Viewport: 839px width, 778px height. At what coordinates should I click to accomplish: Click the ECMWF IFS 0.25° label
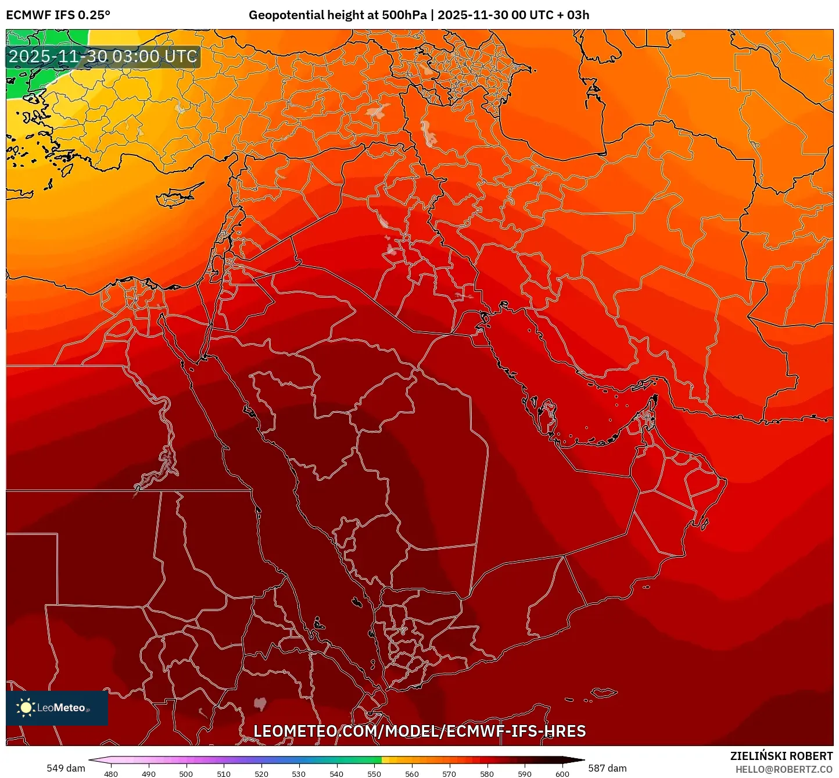(x=58, y=15)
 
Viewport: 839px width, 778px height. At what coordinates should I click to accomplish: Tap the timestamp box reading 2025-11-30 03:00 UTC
(x=103, y=57)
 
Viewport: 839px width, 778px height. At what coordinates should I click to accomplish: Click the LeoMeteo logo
(x=57, y=708)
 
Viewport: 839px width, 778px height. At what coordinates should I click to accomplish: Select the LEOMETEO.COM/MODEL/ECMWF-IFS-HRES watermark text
(x=419, y=731)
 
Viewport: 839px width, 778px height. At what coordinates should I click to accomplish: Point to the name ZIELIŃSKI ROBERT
(x=781, y=756)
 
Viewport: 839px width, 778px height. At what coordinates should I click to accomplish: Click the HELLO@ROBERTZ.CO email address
(x=784, y=769)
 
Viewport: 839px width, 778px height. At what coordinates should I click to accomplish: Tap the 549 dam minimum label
(x=66, y=768)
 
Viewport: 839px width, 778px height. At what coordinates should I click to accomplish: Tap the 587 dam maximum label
(x=607, y=768)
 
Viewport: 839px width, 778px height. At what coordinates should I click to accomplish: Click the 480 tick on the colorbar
(x=110, y=774)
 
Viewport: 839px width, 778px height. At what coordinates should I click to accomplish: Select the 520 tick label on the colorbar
(x=261, y=774)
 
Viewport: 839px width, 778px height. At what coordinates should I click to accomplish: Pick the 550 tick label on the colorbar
(x=374, y=774)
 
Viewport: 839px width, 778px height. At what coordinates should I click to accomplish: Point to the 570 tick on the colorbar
(x=449, y=774)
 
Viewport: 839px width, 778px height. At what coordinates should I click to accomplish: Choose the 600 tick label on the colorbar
(x=562, y=774)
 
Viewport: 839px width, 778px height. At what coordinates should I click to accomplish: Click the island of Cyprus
(x=177, y=197)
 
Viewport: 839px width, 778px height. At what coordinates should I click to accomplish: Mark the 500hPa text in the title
(x=404, y=15)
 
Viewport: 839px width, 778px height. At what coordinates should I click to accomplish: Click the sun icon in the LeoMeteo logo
(x=26, y=708)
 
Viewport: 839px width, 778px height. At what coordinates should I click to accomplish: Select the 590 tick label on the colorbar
(x=525, y=774)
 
